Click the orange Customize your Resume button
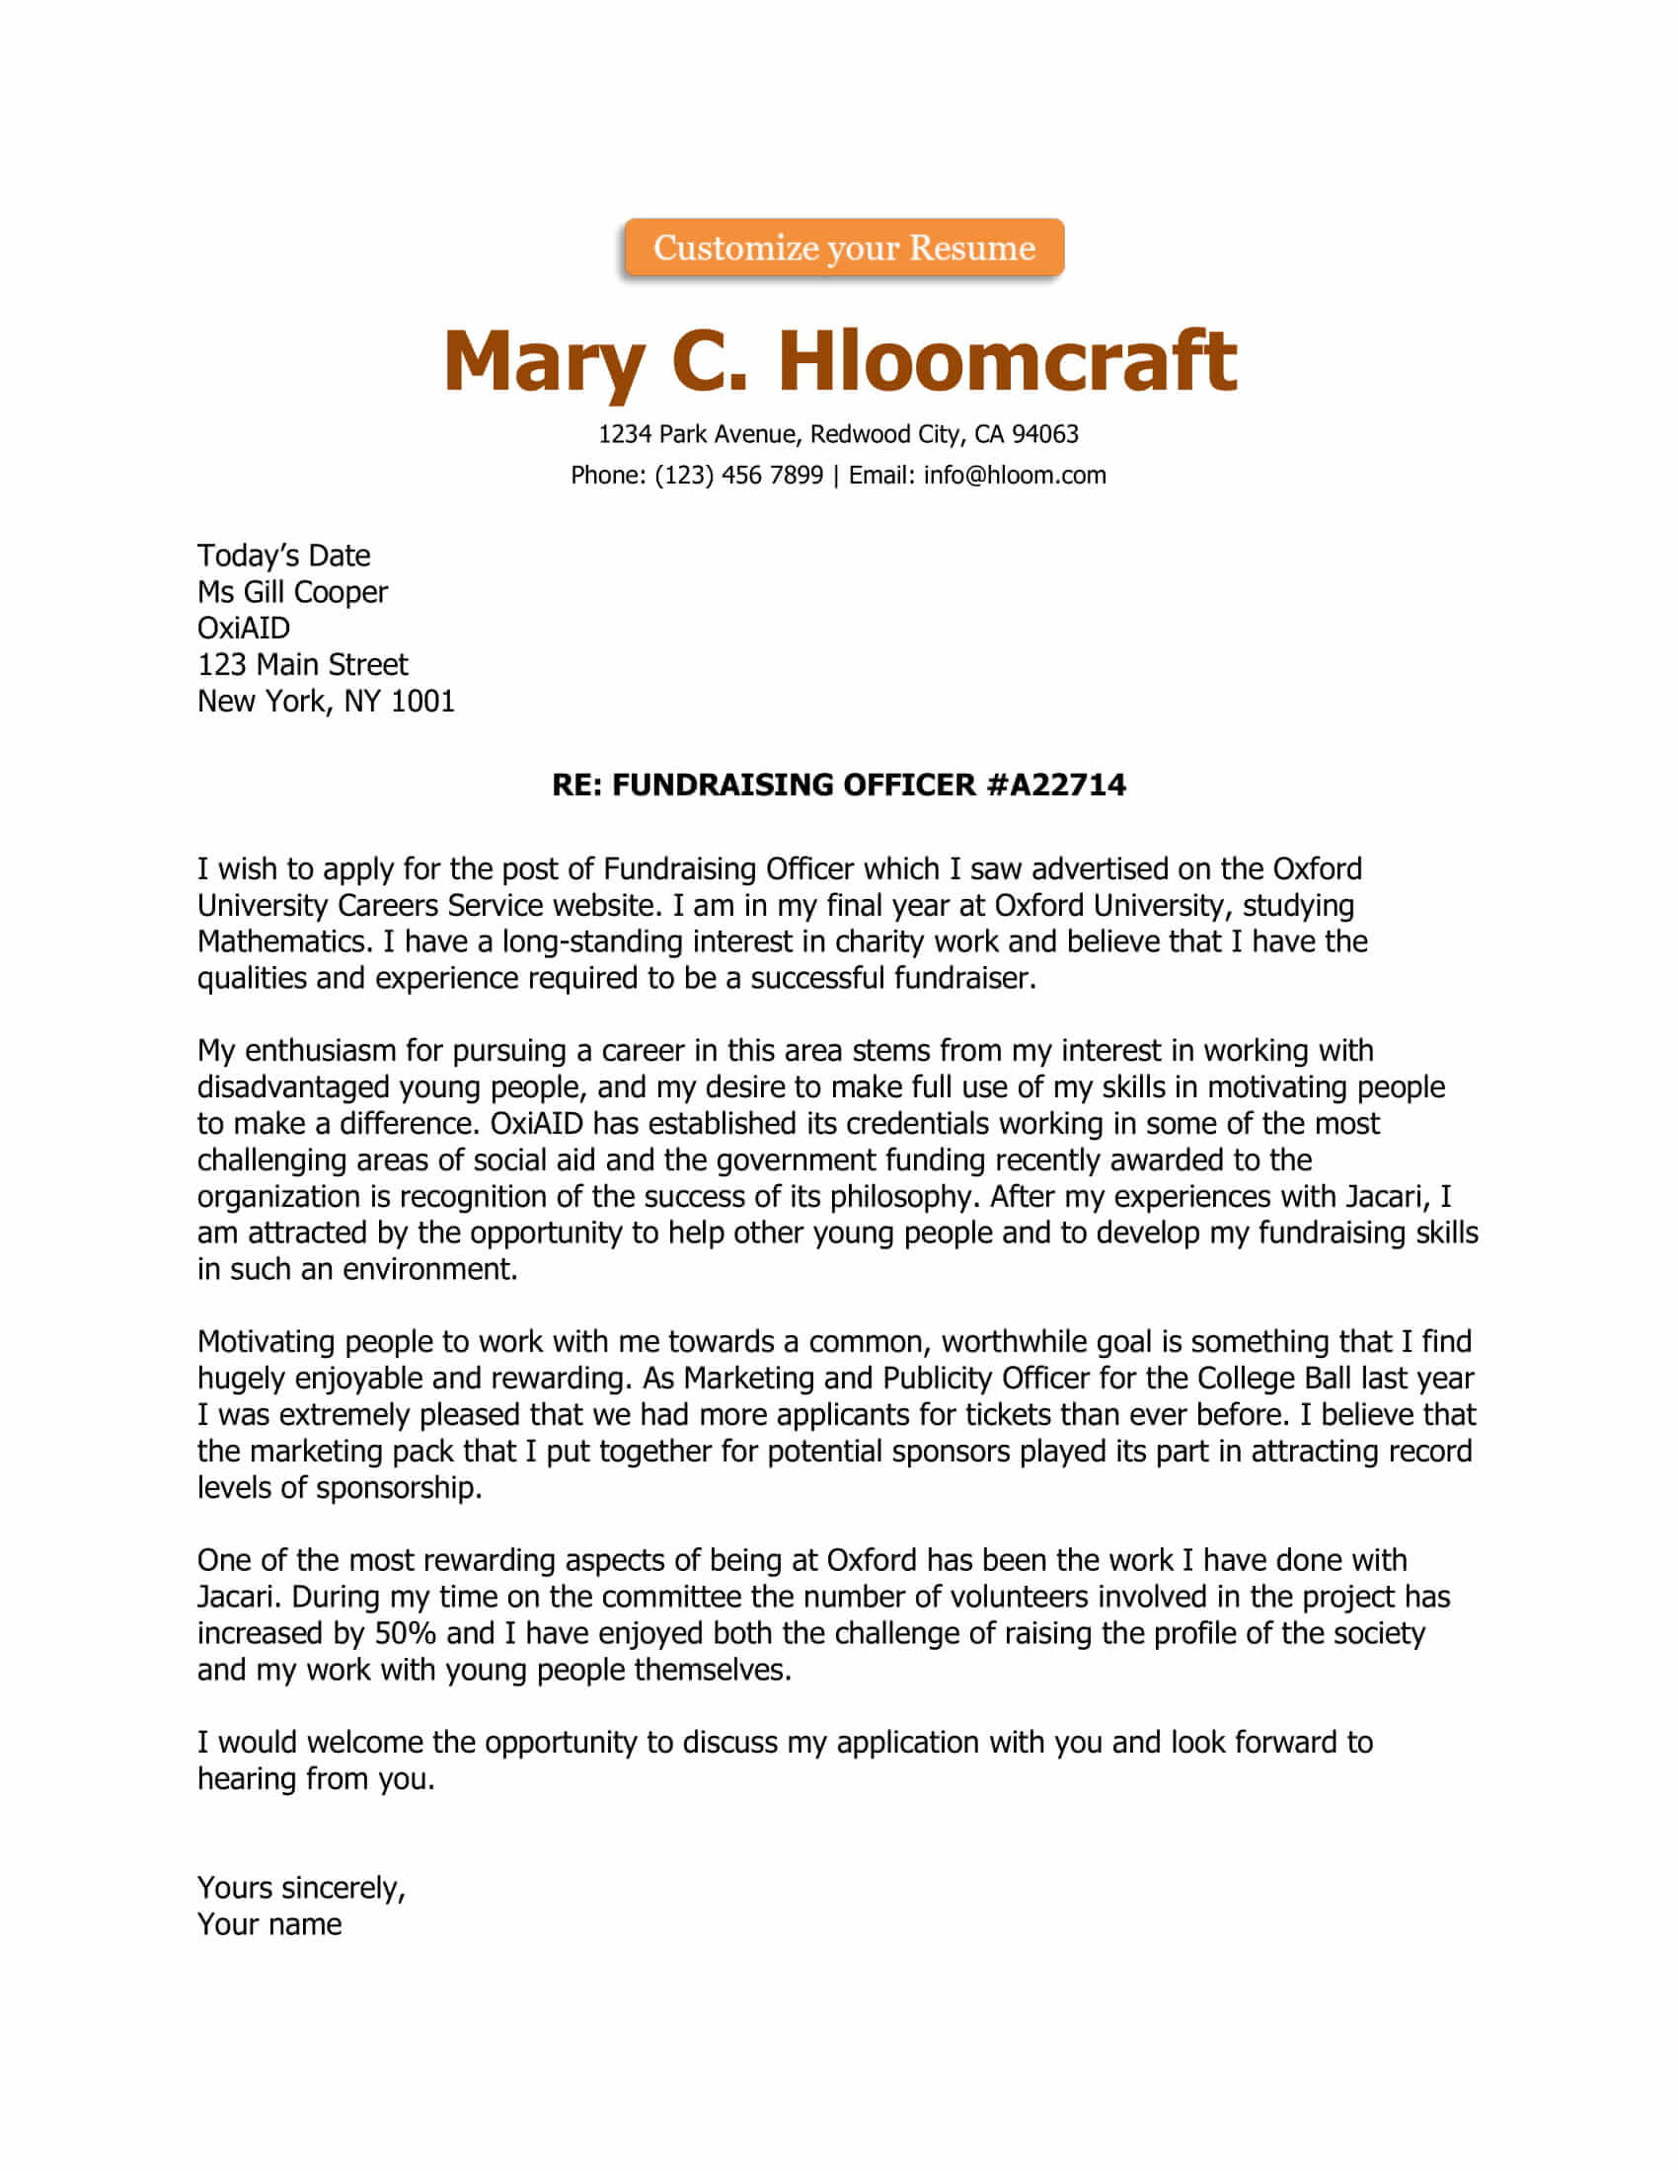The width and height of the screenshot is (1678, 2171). [x=844, y=248]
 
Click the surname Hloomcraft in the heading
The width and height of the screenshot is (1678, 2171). [x=1006, y=360]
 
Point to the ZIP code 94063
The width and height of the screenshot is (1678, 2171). [x=1044, y=434]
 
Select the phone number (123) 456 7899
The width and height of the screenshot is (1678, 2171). [x=738, y=476]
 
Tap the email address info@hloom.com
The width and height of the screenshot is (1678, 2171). [x=1014, y=476]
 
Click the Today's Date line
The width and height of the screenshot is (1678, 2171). [x=283, y=556]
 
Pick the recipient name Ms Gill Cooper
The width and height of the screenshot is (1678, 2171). [x=292, y=592]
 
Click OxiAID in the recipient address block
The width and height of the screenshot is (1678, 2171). [x=244, y=629]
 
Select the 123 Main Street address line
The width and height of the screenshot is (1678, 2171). [x=302, y=665]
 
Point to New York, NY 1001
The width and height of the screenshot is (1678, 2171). [x=325, y=702]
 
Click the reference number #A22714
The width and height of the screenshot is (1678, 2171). [x=1056, y=786]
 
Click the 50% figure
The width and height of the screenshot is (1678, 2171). [x=405, y=1633]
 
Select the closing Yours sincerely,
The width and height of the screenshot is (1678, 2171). [x=301, y=1888]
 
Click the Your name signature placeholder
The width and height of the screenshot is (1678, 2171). [x=269, y=1924]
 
